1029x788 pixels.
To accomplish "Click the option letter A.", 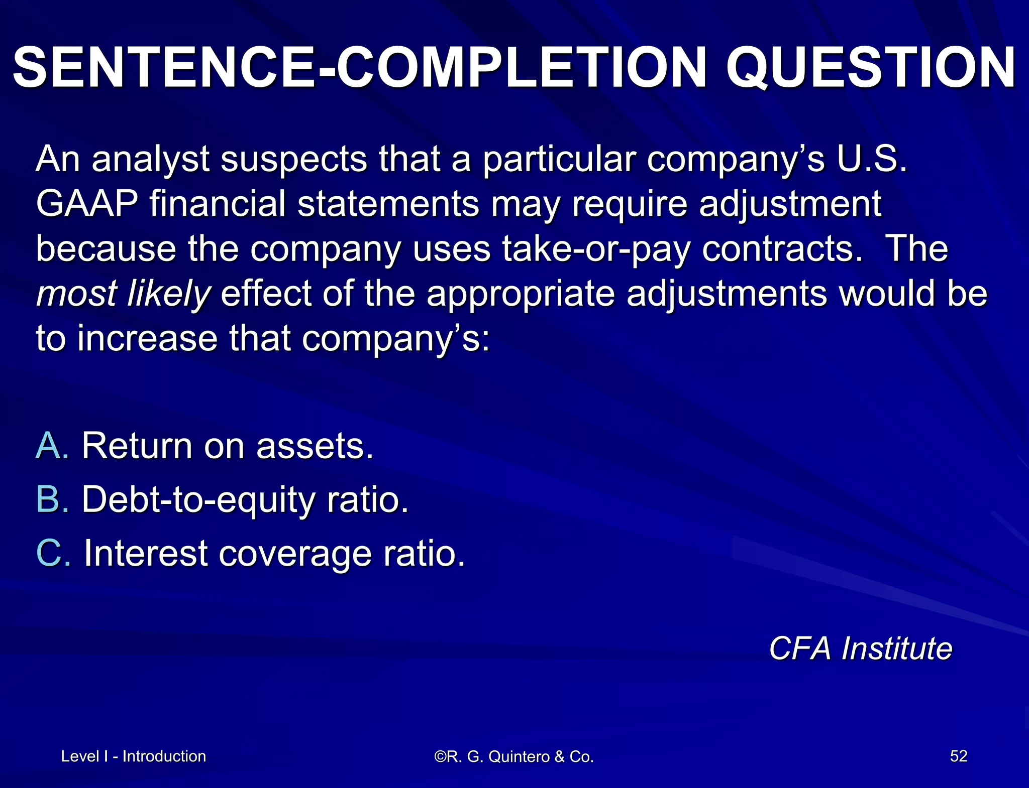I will (x=52, y=446).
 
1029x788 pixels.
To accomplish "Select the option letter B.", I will (x=52, y=499).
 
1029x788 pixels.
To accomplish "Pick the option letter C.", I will (x=53, y=553).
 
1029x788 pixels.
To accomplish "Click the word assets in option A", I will (x=315, y=446).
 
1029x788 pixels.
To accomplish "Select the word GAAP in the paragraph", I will (x=87, y=204).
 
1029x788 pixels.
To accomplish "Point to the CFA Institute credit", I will (x=860, y=648).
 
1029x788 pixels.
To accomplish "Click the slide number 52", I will (x=958, y=756).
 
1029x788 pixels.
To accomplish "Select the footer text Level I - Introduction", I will (x=133, y=756).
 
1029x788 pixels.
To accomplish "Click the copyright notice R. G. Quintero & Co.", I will (x=514, y=756).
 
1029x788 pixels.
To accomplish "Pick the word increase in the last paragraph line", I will (x=147, y=339).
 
